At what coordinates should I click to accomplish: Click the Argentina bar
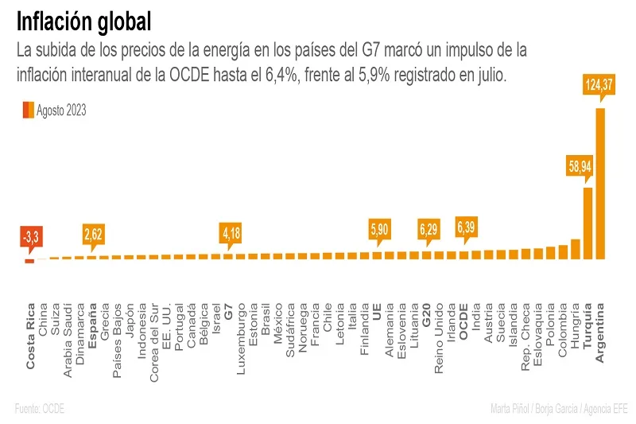pos(600,183)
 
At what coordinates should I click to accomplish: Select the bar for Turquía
pos(588,223)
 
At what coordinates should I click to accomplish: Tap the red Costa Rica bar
pos(29,261)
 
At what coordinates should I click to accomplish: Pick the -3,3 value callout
pos(30,235)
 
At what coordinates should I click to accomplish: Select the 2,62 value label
pos(93,234)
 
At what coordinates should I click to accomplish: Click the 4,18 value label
pos(231,233)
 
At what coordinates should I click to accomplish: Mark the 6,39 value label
pos(466,228)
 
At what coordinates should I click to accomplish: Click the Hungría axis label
pos(576,328)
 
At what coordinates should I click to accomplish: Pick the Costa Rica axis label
pos(31,336)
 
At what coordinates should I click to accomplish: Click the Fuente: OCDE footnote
pos(39,409)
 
